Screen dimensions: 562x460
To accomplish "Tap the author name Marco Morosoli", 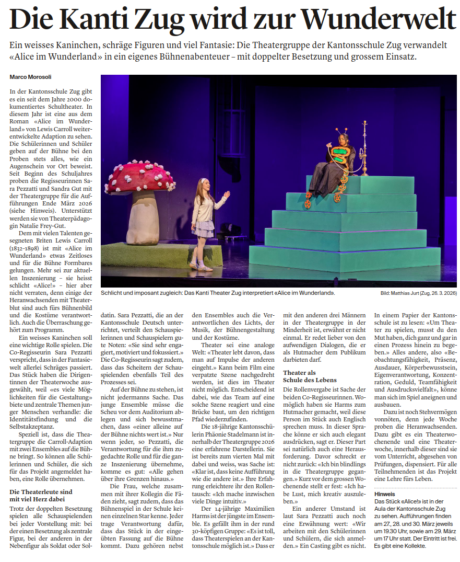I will tap(31, 77).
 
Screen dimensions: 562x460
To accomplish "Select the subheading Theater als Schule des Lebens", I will tap(310, 376).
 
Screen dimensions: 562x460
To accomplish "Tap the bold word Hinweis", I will tap(385, 494).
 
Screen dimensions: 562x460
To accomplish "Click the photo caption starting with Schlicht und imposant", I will tap(218, 293).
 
